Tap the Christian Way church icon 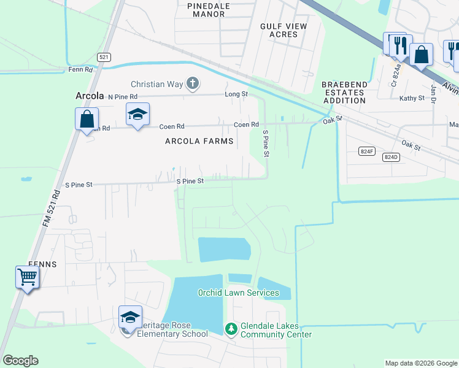click(193, 83)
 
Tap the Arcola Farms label click(199, 142)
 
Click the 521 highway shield click(104, 57)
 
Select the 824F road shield click(366, 151)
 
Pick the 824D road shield click(391, 157)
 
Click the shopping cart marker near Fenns click(28, 278)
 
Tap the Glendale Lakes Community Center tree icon click(231, 329)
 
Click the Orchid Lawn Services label click(238, 293)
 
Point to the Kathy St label click(412, 98)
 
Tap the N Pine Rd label click(123, 97)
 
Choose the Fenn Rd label click(80, 70)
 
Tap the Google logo click(20, 361)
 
